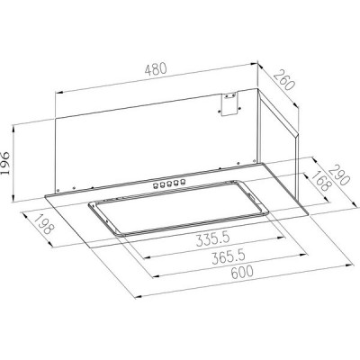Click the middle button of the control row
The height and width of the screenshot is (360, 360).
click(x=171, y=183)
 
